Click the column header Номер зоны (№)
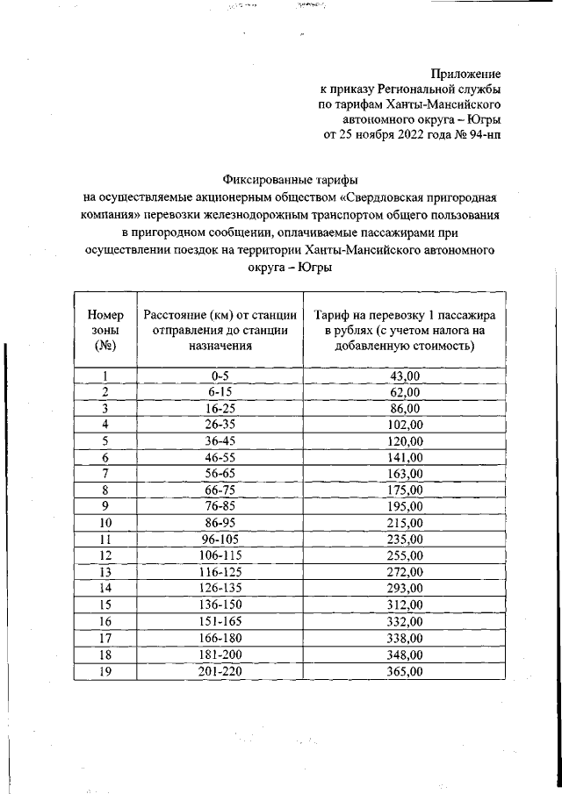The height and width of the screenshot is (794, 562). [x=104, y=330]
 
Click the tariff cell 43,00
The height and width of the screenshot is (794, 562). [x=406, y=376]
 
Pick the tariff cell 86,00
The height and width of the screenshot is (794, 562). [x=406, y=409]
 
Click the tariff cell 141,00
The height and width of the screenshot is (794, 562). [x=406, y=458]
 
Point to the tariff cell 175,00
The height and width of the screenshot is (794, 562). [x=406, y=490]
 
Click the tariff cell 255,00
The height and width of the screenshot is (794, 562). [x=406, y=556]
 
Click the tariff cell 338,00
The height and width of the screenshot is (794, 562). [x=406, y=639]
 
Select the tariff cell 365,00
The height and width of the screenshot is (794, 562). [x=406, y=672]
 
